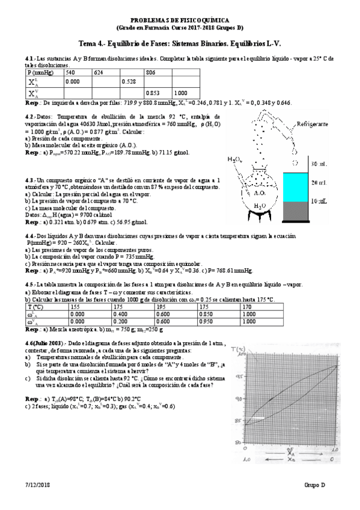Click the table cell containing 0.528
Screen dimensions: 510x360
pos(132,82)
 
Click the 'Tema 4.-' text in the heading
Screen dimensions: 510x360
pos(96,43)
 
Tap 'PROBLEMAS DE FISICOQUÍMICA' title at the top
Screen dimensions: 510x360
pos(180,20)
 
